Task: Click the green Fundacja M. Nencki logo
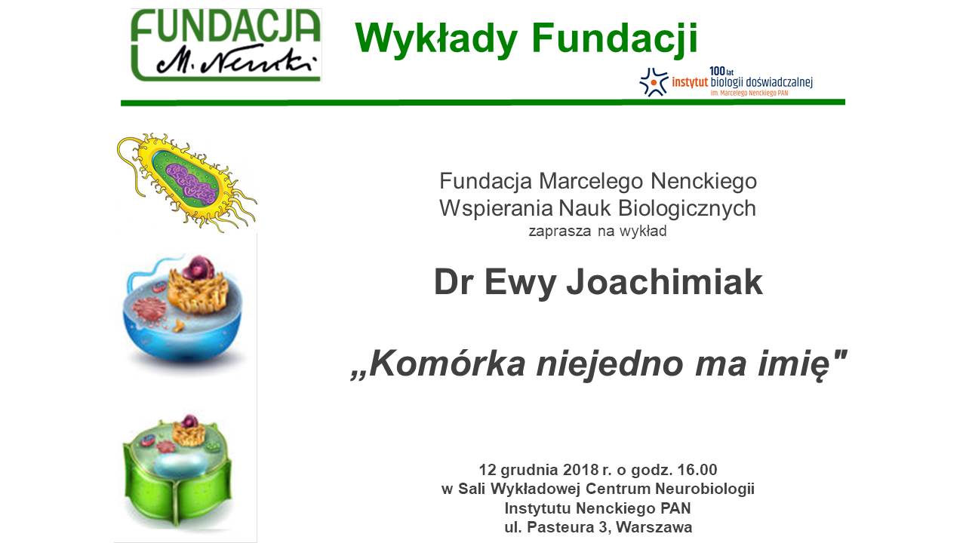coord(226,44)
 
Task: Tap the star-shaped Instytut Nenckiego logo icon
coord(654,81)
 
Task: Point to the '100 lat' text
coord(721,71)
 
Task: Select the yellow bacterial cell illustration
coord(186,182)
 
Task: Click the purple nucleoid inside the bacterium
coord(190,183)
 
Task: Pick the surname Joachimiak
coord(665,282)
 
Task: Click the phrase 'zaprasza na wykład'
coord(598,231)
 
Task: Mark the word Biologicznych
coord(687,209)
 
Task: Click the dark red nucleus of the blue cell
coord(198,267)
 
